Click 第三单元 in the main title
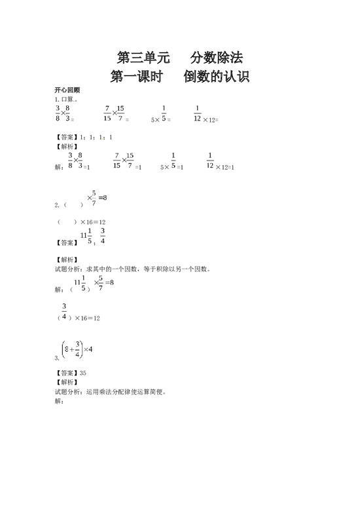click(143, 58)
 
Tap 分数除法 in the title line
click(217, 58)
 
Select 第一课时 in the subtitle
click(137, 77)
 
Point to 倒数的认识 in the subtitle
click(217, 77)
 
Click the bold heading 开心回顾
click(67, 90)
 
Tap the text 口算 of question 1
click(67, 99)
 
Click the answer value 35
click(82, 373)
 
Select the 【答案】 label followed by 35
click(67, 373)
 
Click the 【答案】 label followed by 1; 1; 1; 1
click(67, 138)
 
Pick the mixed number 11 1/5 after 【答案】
click(86, 236)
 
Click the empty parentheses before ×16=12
click(67, 222)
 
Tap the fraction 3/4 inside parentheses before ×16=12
click(64, 311)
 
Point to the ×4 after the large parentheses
click(88, 349)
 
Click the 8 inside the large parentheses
click(67, 349)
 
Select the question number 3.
click(57, 358)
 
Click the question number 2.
click(57, 205)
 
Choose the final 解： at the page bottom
click(59, 401)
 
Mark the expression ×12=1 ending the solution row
click(225, 167)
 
